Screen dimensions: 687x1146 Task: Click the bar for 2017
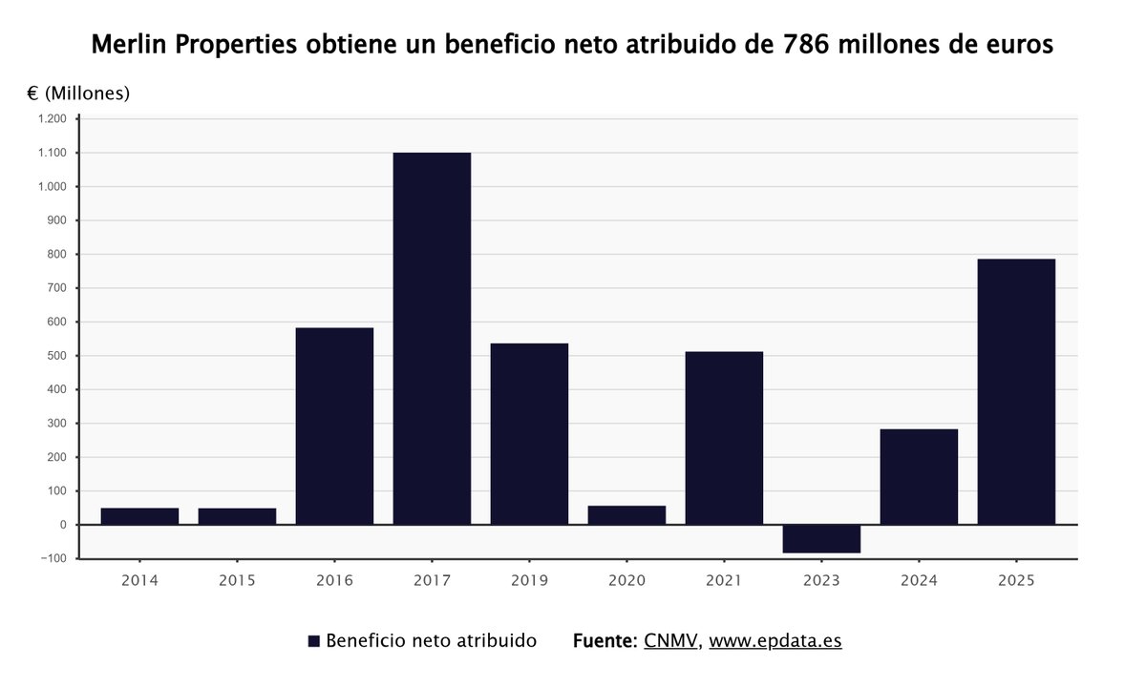point(432,338)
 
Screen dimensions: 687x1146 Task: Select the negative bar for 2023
point(821,539)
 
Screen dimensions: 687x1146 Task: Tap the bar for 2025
point(1016,391)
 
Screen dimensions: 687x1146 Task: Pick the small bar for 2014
point(139,515)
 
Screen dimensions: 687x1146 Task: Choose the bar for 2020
point(626,514)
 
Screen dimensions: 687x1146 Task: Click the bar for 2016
point(334,426)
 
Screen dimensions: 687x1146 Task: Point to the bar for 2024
point(919,476)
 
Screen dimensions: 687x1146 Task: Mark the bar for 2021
point(724,438)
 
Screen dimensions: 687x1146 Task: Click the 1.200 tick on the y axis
point(52,119)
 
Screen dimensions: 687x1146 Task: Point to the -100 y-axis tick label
point(52,559)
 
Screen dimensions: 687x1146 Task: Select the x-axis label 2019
point(529,580)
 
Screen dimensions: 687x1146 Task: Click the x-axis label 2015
point(237,580)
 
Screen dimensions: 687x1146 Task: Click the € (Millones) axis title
point(78,94)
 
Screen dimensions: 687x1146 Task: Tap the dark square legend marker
point(313,641)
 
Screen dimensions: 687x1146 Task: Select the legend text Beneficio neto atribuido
point(431,640)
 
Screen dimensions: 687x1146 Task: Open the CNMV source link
point(671,640)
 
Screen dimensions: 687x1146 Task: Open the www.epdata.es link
point(775,640)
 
